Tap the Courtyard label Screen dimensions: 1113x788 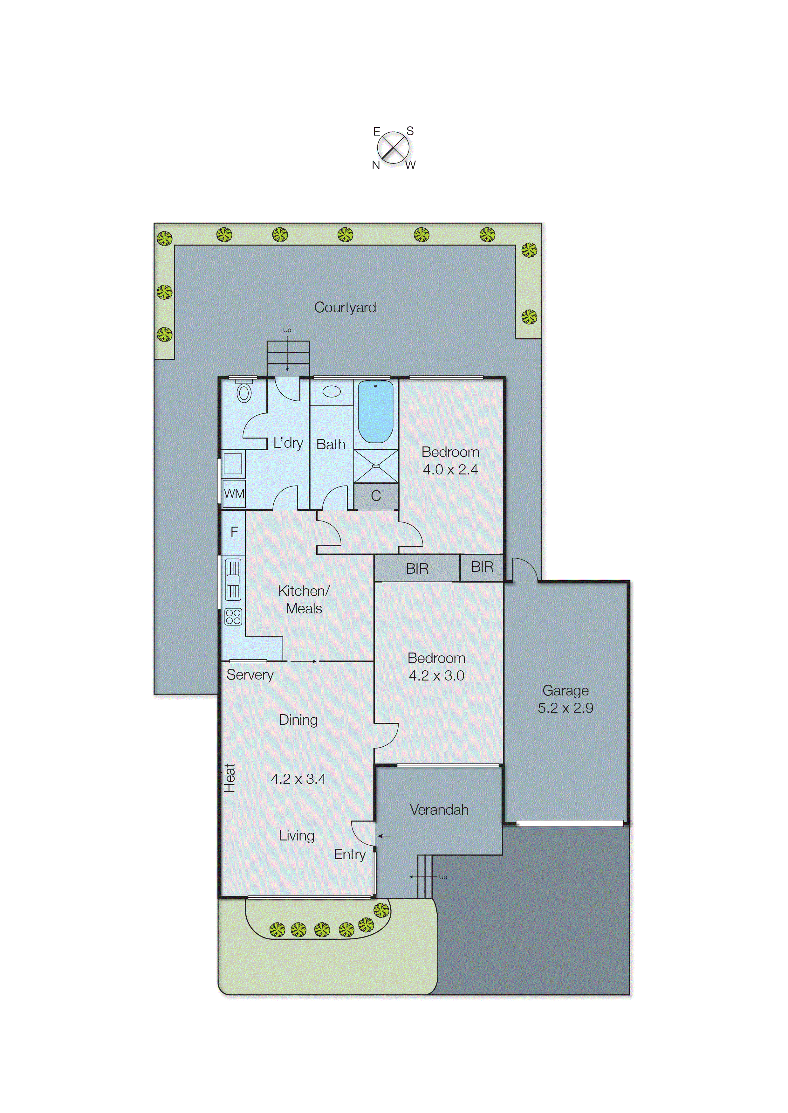pos(345,307)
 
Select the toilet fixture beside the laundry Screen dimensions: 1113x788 pos(244,392)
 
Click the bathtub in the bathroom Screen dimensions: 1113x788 pos(375,411)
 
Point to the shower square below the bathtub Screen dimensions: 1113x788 pos(376,466)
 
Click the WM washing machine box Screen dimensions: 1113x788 pos(234,494)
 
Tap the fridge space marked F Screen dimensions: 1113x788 pos(234,532)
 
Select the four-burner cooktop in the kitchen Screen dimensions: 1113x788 pos(233,617)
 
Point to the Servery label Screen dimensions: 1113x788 pos(250,675)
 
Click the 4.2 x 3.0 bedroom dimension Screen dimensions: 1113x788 pos(436,676)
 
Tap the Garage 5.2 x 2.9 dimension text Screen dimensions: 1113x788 pos(565,708)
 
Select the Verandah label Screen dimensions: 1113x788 pos(439,810)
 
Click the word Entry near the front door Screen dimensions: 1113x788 pos(349,854)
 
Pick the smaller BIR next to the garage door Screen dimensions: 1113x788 pos(482,567)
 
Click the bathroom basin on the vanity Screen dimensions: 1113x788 pos(332,391)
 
